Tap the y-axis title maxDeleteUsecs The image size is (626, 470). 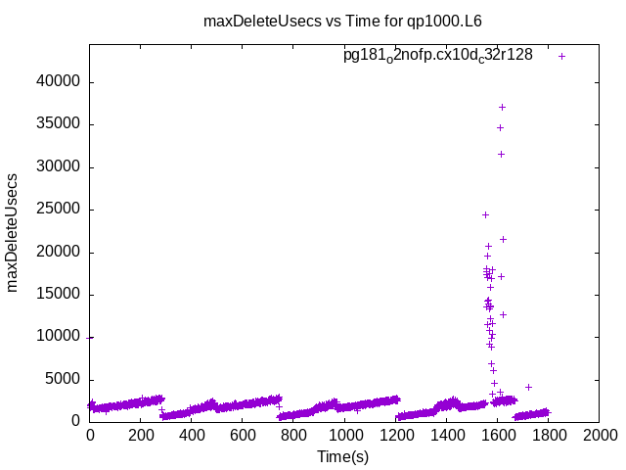(x=14, y=231)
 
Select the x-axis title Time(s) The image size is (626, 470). (x=342, y=456)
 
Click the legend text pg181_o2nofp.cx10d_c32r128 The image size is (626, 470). (x=437, y=56)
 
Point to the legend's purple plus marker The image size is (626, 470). (x=561, y=56)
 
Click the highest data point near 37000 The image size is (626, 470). (x=502, y=107)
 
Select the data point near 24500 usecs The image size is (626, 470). (x=485, y=214)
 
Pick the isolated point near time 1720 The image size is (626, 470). (x=528, y=387)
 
